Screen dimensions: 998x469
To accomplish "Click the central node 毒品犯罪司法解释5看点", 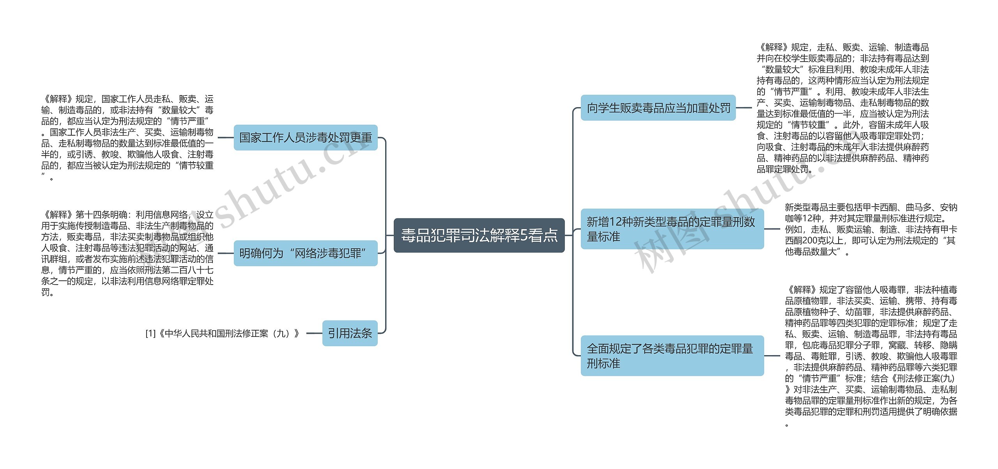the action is click(x=479, y=235).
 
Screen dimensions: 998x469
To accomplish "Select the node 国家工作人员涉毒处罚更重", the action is click(x=305, y=138).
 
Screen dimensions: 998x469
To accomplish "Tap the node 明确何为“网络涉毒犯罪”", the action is click(x=305, y=253).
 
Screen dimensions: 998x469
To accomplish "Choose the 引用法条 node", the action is click(x=350, y=333).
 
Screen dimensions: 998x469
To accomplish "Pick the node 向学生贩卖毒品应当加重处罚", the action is click(x=658, y=108).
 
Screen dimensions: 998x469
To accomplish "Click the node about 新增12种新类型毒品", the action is click(x=672, y=229).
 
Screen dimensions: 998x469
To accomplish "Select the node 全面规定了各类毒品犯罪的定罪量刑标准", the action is click(x=672, y=356).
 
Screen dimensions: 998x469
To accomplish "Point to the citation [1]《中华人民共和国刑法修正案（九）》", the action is click(x=222, y=334).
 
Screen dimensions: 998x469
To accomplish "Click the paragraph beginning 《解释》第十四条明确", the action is click(x=127, y=253).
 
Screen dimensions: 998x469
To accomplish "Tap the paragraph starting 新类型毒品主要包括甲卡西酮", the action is click(x=871, y=229).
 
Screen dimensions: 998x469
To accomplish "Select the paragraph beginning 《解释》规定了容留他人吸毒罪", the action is click(x=871, y=356).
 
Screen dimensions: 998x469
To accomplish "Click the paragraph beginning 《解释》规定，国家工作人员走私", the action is click(x=127, y=138).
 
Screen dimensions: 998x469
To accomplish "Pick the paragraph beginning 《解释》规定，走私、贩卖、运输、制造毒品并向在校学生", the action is click(x=842, y=108).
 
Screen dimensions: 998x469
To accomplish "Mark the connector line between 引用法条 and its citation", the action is click(x=314, y=333).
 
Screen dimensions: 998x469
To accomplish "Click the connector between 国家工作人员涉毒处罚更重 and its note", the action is click(x=225, y=138).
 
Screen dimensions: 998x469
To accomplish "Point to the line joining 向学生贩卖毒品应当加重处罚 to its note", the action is click(x=744, y=108).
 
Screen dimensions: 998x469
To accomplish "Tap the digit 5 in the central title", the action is click(x=524, y=235).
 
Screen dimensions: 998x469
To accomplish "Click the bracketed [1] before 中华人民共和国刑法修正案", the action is click(x=150, y=334).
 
